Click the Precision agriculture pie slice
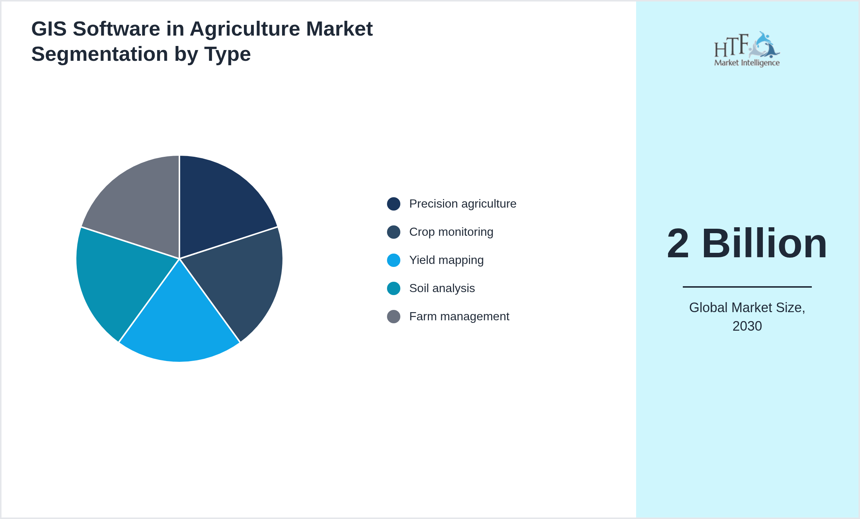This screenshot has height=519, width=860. point(219,208)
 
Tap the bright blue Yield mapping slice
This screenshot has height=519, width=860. point(179,326)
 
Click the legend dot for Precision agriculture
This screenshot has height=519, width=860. point(393,204)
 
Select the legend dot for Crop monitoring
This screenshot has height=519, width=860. point(393,232)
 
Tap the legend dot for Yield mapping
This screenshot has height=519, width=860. point(393,260)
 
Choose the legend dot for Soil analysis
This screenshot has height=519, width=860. point(393,288)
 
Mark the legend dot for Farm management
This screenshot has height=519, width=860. point(393,317)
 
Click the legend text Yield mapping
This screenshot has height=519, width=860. point(446,260)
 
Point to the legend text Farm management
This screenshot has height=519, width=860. point(459,317)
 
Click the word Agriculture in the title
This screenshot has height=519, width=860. point(245,29)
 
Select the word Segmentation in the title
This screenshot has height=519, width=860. point(100,54)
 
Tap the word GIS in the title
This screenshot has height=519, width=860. point(49,29)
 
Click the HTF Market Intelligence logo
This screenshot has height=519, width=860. point(747,49)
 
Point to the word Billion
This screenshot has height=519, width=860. point(764,244)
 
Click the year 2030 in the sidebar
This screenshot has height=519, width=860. point(747,326)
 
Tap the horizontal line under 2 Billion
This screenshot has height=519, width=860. point(747,287)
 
